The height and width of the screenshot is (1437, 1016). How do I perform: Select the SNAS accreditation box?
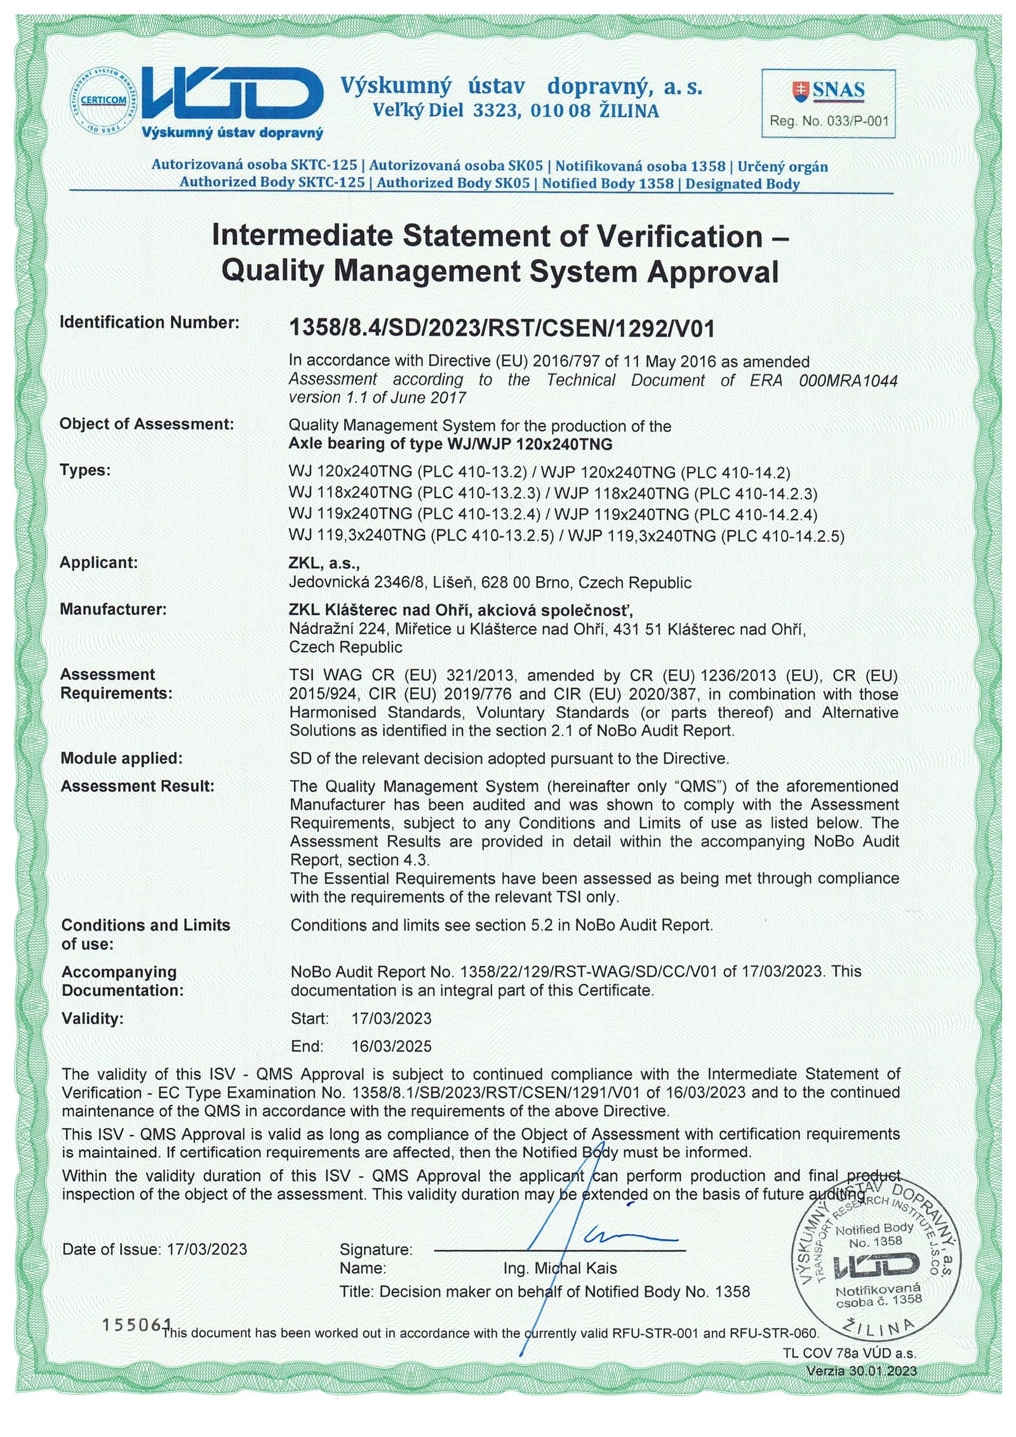click(x=828, y=103)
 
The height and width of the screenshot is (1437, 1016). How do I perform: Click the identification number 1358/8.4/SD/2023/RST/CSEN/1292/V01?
click(x=502, y=329)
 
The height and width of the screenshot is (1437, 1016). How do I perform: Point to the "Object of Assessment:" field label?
click(x=147, y=424)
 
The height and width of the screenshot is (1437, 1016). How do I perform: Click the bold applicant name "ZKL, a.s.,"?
click(x=324, y=562)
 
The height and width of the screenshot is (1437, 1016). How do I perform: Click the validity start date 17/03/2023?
click(x=391, y=1019)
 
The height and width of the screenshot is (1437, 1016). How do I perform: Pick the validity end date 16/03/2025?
click(x=391, y=1046)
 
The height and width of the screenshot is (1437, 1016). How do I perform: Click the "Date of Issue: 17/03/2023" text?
click(x=154, y=1249)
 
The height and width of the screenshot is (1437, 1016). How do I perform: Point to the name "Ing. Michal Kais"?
click(x=559, y=1268)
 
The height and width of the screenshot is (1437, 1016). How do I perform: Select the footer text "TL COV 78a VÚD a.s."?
click(x=849, y=1353)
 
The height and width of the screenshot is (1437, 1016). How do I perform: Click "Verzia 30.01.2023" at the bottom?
click(x=861, y=1371)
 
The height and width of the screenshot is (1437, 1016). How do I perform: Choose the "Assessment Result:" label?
click(x=137, y=786)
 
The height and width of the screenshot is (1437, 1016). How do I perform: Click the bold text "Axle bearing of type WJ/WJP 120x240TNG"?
click(x=450, y=444)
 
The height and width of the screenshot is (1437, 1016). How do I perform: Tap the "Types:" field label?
click(x=85, y=470)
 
